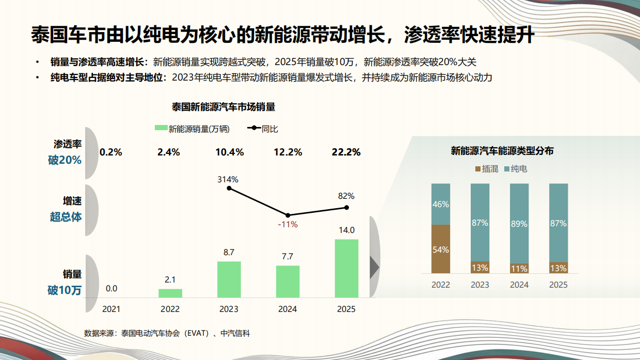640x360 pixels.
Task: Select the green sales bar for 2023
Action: [x=229, y=279]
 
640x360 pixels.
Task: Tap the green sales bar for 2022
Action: [x=170, y=293]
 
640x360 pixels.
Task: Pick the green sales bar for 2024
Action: [x=287, y=281]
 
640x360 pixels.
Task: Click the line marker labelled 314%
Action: [x=229, y=189]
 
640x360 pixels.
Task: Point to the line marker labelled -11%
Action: [x=287, y=215]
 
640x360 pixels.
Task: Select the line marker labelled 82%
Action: [x=346, y=208]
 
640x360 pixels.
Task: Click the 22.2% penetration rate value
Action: [x=346, y=152]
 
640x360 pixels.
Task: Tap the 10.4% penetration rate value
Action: [x=229, y=152]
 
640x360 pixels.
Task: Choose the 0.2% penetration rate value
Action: [x=111, y=152]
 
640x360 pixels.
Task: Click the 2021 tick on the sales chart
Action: [x=111, y=309]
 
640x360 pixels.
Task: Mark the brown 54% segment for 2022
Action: [x=441, y=249]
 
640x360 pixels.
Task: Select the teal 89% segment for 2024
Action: [x=519, y=224]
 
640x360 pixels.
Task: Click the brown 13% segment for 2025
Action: [x=558, y=268]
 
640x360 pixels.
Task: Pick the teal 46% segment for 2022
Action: [x=441, y=204]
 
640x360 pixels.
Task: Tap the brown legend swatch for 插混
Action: [x=477, y=169]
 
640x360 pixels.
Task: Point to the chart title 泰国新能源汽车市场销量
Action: [x=223, y=107]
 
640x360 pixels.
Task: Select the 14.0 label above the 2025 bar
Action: [x=346, y=230]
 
